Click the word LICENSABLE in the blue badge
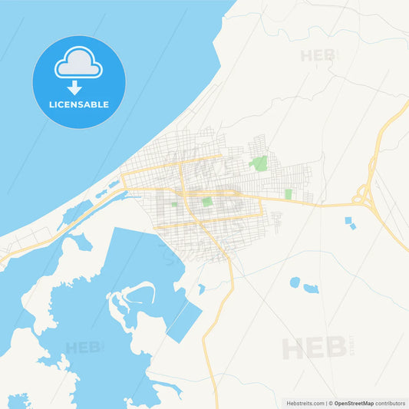78,104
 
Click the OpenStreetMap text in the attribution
354,403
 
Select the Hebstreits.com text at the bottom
306,403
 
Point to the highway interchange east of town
362,198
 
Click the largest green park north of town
259,163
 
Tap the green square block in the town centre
207,202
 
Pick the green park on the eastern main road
289,194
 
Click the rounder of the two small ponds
295,282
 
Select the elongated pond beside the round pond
311,289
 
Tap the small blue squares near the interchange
350,223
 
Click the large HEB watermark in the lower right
315,348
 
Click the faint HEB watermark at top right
318,55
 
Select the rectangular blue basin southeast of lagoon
184,322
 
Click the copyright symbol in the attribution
331,403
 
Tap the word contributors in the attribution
391,403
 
